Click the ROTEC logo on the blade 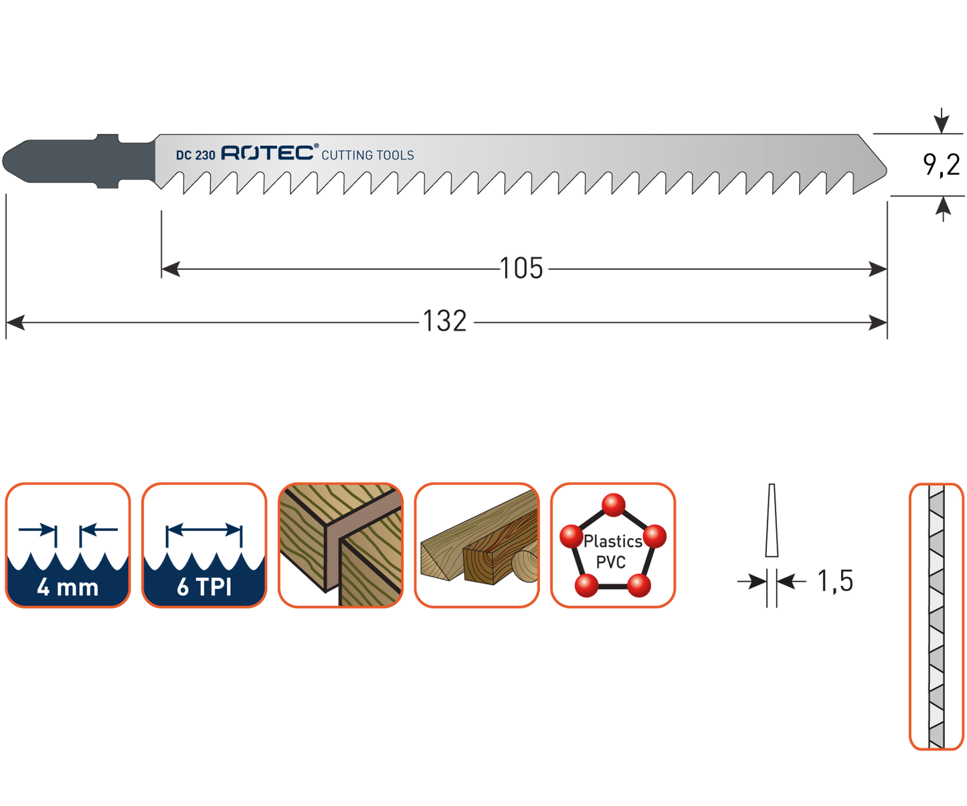tap(268, 153)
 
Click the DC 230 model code tap(195, 155)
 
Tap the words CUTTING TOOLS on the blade tap(367, 155)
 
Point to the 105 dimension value tap(522, 269)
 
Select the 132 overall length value tap(445, 322)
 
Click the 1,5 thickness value tap(836, 581)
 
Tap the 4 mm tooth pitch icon tap(68, 546)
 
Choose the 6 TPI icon tap(204, 546)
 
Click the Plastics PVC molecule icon tap(612, 546)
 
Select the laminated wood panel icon tap(340, 546)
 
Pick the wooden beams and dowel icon tap(476, 546)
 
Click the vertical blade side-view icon tap(936, 616)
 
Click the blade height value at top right tap(942, 164)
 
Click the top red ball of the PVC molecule tap(613, 505)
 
